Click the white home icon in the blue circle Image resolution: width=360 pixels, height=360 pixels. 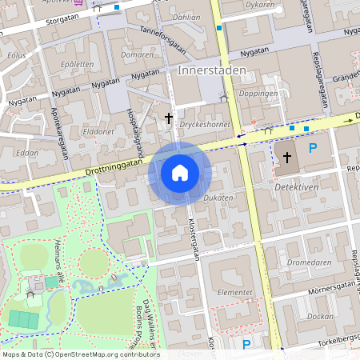click(180, 172)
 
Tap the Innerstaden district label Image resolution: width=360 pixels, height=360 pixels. click(206, 70)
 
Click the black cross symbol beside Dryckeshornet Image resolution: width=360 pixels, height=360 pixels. click(168, 118)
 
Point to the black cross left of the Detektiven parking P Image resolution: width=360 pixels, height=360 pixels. click(287, 157)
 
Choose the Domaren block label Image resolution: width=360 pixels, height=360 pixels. click(137, 54)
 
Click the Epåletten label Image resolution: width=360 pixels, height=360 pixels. click(77, 64)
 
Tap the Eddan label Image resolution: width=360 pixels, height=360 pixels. click(27, 152)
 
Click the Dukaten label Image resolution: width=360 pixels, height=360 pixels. click(218, 197)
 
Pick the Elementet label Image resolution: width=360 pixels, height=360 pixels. click(236, 293)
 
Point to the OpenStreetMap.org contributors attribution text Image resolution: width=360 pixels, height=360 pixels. click(104, 354)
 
